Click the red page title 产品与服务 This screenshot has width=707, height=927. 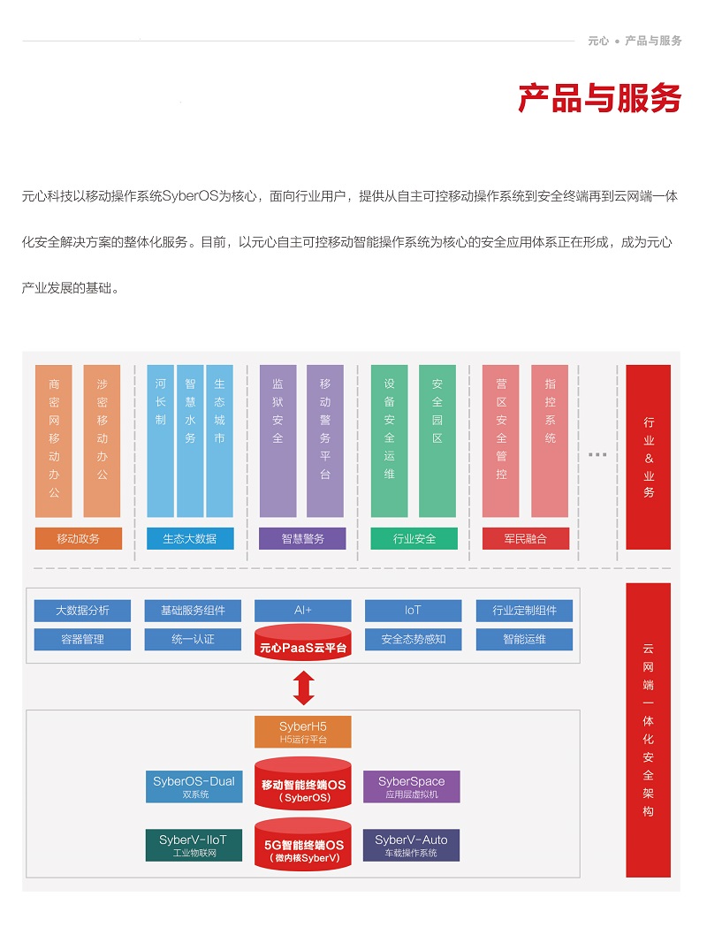tap(599, 98)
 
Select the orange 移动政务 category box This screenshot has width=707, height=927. tap(79, 538)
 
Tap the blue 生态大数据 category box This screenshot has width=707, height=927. tap(190, 538)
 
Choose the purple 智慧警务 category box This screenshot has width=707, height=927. tap(302, 538)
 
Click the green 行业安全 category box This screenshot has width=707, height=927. tap(414, 538)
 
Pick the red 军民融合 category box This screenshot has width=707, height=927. tap(526, 538)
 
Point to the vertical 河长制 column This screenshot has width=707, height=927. tap(160, 441)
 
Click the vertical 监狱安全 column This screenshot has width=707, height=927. tap(277, 441)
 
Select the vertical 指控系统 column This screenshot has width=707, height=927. tap(550, 441)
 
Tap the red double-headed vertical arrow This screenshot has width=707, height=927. tap(303, 688)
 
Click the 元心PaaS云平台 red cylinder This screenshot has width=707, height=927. tap(303, 642)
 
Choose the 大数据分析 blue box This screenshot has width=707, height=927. tap(82, 611)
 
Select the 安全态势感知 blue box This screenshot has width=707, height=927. tap(414, 639)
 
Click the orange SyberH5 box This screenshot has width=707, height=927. tap(302, 732)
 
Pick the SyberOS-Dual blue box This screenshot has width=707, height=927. tap(194, 786)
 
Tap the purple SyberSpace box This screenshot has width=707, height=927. tap(412, 786)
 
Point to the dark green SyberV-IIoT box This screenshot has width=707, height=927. tap(194, 846)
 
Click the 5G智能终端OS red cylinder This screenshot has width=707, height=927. tap(303, 845)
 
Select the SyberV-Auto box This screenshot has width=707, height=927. tap(412, 846)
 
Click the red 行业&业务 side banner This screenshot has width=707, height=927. tap(649, 457)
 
